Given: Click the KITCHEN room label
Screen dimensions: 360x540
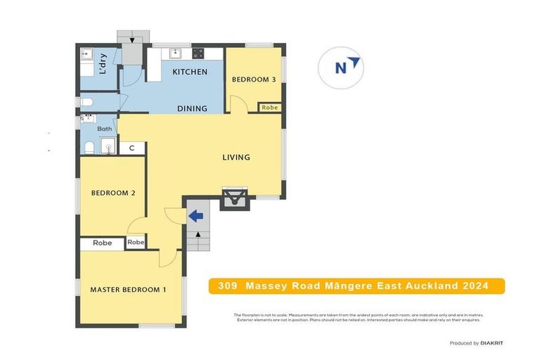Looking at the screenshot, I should (x=190, y=72).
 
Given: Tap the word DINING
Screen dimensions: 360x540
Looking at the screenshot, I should (x=192, y=108).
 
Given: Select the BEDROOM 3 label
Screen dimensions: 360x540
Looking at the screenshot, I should (x=254, y=79).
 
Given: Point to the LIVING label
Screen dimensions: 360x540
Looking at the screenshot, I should (x=236, y=157).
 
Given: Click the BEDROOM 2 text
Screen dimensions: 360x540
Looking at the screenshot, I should (x=113, y=193).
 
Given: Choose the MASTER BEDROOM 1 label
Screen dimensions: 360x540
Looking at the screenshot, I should (x=128, y=289).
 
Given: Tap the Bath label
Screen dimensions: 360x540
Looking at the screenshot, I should (x=105, y=129).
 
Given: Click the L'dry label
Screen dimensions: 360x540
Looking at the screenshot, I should (x=103, y=64).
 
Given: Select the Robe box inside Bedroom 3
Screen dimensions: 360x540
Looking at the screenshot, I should (x=270, y=108).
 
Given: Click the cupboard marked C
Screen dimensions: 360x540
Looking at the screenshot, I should (x=131, y=148).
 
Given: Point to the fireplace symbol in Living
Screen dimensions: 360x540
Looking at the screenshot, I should (x=233, y=200).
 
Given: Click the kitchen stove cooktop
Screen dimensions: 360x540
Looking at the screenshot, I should (x=198, y=53).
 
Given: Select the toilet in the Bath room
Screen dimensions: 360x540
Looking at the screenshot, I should (x=89, y=147).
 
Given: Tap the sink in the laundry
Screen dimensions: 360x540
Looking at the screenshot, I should (x=87, y=55).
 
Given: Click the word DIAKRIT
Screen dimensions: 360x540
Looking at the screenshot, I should (x=491, y=342).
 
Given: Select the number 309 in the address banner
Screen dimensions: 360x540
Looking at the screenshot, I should (x=227, y=285).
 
